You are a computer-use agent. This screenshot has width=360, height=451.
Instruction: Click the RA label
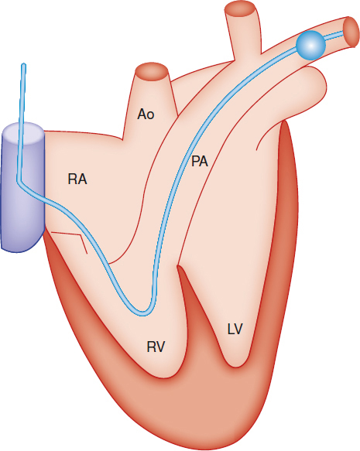[77, 179]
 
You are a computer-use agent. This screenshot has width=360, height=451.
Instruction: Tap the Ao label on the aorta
[146, 114]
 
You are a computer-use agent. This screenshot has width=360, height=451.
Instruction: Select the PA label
[200, 162]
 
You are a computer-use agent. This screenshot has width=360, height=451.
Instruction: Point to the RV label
[156, 347]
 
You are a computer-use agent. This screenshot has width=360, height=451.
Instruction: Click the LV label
[235, 329]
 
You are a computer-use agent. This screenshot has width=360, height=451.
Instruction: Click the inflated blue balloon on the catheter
[310, 45]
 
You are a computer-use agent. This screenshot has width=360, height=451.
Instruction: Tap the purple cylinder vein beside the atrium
[23, 187]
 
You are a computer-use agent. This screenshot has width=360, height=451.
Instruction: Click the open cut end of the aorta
[152, 71]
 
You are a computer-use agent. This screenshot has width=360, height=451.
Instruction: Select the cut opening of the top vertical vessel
[241, 11]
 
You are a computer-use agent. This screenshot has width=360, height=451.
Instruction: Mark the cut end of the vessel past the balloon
[351, 32]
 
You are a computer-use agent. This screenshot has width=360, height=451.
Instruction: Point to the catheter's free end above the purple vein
[23, 64]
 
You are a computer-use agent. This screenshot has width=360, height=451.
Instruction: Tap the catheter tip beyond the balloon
[343, 32]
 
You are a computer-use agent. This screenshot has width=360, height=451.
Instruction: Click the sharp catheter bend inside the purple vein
[18, 182]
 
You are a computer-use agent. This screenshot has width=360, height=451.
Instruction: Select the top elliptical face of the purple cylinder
[23, 134]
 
